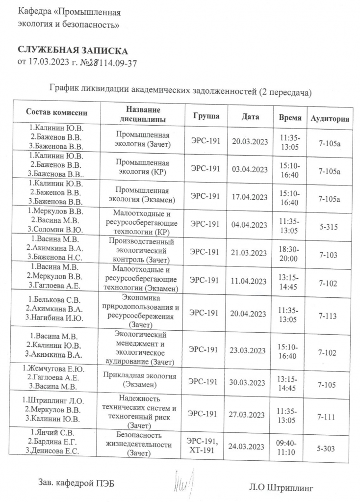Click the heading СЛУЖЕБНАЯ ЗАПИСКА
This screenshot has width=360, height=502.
(x=73, y=51)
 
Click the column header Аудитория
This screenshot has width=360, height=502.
(x=330, y=119)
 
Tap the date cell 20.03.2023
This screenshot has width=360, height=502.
(x=250, y=141)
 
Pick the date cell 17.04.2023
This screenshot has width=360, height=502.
(x=250, y=197)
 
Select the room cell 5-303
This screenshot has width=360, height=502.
(x=326, y=447)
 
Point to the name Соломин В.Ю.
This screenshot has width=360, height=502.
(x=58, y=229)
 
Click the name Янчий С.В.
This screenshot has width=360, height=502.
(x=55, y=433)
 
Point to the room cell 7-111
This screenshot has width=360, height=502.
(x=326, y=417)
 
